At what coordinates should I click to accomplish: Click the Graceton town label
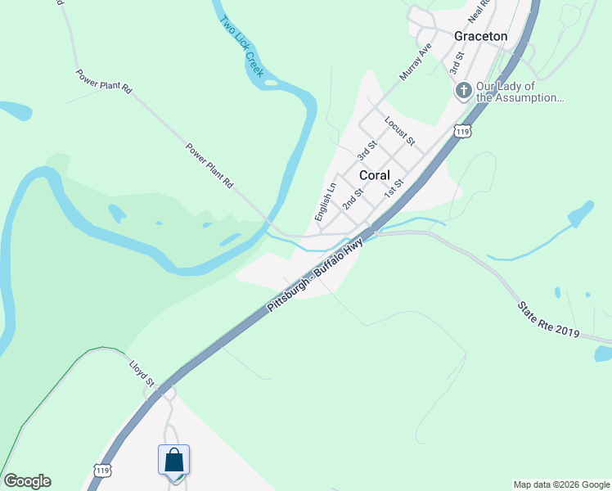pos(480,36)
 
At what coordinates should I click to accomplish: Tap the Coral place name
pos(374,176)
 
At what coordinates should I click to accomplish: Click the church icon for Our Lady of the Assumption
pos(463,91)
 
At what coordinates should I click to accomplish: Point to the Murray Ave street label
pos(415,63)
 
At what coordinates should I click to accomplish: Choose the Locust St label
pos(400,131)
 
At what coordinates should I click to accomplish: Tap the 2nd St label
pos(353,198)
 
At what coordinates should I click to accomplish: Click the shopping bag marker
pos(174,460)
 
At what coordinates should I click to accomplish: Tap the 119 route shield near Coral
pos(463,131)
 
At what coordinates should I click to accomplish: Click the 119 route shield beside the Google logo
pos(102,470)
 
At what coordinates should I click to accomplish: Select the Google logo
pos(27,481)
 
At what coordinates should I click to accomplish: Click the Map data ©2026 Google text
pos(561,484)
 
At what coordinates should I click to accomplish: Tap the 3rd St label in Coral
pos(367,150)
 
